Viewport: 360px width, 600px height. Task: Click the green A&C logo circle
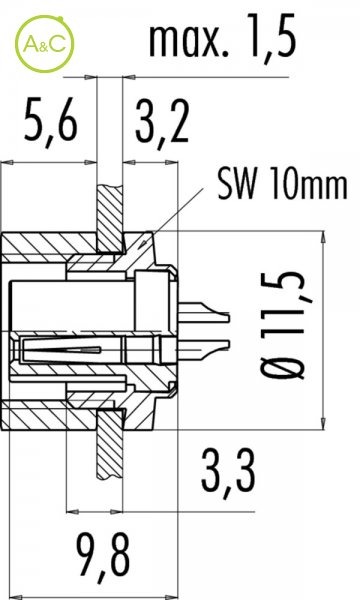pos(44,44)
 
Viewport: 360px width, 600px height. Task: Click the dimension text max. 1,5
pos(223,36)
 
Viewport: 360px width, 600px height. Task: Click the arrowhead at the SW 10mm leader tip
pos(143,243)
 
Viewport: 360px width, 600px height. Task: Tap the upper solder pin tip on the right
pos(228,317)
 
